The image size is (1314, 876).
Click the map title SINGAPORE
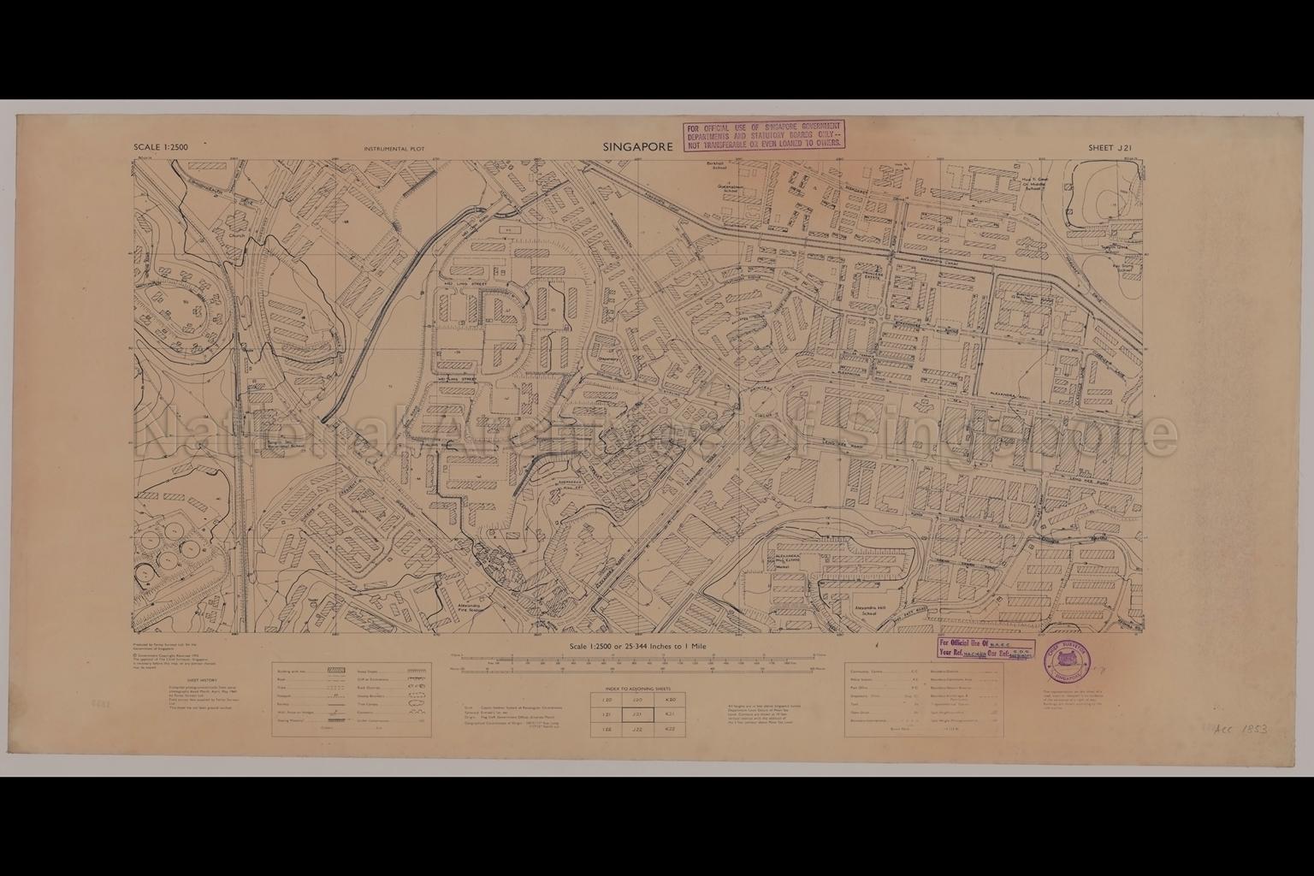click(637, 147)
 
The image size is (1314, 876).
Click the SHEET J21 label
click(1110, 148)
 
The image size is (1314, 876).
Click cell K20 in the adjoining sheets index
click(672, 699)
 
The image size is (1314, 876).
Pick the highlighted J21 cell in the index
click(636, 714)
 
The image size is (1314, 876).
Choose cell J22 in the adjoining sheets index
click(636, 730)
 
